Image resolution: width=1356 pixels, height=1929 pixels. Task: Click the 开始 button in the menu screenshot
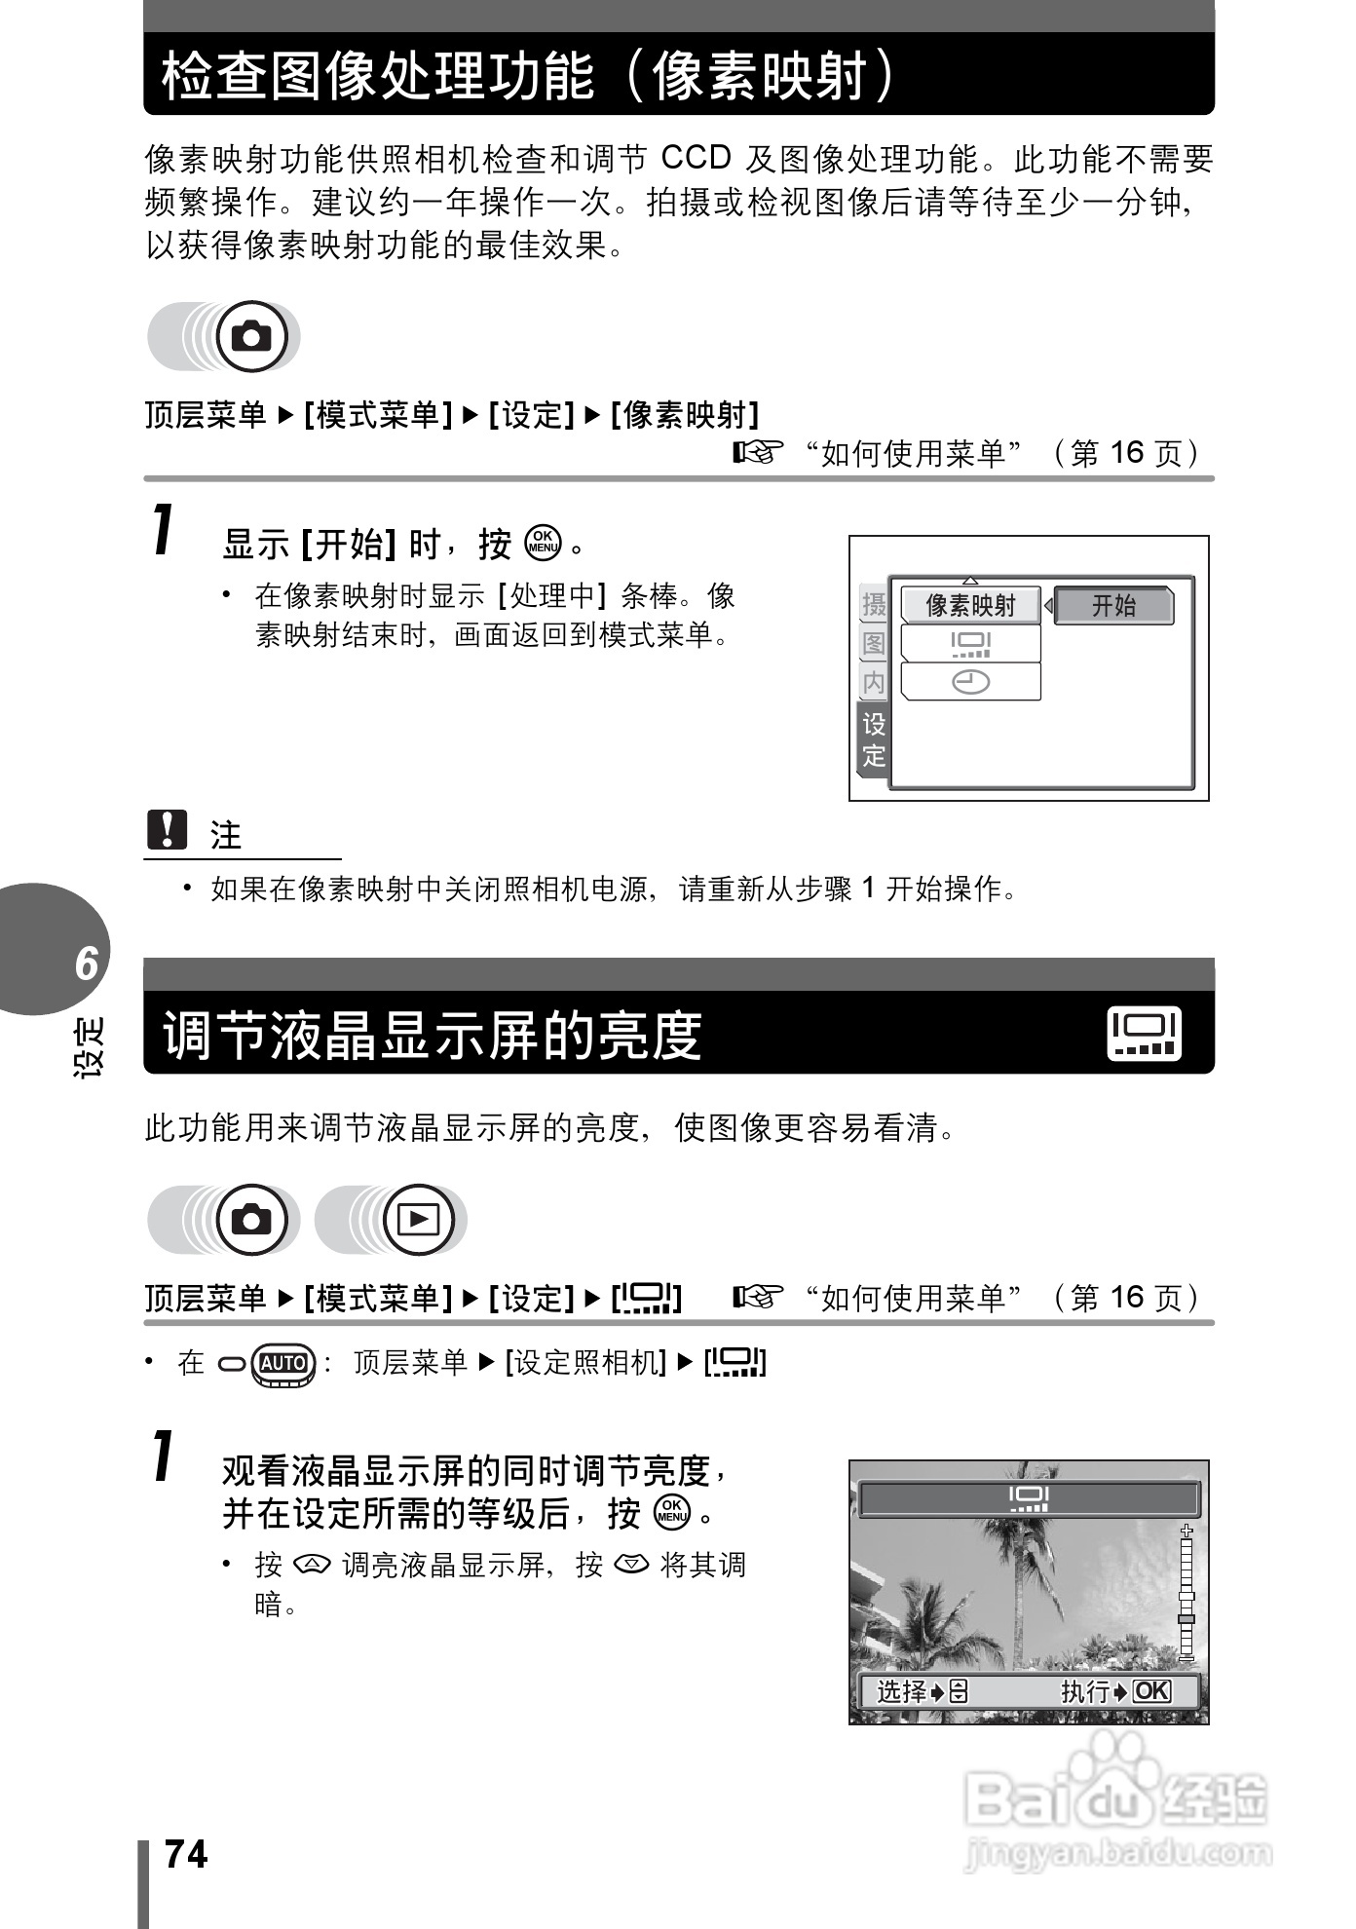(1113, 605)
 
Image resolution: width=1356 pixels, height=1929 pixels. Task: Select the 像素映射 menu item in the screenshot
(970, 605)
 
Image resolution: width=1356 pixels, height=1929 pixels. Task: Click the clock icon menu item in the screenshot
(970, 682)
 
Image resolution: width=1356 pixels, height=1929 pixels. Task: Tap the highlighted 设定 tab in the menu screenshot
(873, 738)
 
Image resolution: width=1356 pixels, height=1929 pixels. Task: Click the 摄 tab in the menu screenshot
(874, 604)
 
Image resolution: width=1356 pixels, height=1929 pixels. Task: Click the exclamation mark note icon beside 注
(167, 830)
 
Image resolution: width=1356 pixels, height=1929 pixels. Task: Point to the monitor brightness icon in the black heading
(1144, 1033)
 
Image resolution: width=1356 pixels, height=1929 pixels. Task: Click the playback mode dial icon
(419, 1219)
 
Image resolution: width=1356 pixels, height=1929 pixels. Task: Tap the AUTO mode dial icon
(283, 1362)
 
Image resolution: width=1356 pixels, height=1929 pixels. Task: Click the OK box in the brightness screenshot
(1150, 1690)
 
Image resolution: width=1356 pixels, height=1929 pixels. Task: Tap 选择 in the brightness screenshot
(902, 1690)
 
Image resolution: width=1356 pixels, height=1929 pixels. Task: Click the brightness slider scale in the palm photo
(1186, 1593)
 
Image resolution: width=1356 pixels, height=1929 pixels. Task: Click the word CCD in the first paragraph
(696, 158)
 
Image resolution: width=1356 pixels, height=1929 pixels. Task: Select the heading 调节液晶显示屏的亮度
(433, 1035)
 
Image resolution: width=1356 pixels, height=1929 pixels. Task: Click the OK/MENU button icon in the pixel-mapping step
(543, 543)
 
